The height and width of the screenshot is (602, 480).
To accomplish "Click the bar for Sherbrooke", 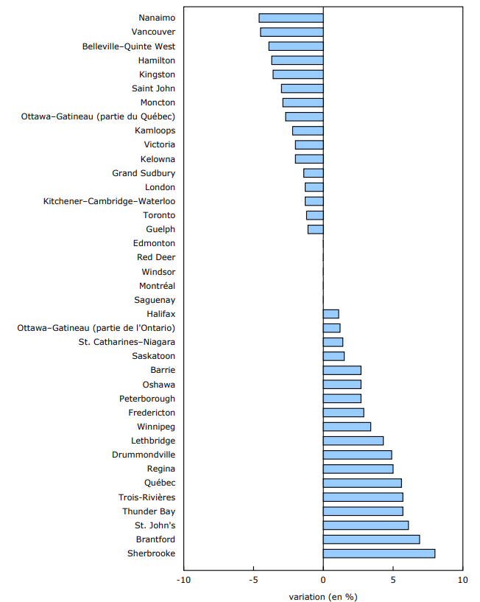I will point(378,553).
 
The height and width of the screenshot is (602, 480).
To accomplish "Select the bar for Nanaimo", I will point(291,18).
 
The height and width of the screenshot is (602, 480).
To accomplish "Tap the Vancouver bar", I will point(292,32).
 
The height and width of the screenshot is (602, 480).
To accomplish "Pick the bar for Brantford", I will point(371,539).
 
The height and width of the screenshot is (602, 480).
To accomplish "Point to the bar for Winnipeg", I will point(347,427).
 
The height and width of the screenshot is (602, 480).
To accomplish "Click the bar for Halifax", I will point(331,314).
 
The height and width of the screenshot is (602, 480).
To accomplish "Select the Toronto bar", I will point(314,215).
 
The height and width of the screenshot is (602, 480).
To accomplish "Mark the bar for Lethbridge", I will point(353,441).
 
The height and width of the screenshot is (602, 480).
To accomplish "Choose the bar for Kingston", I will point(297,74).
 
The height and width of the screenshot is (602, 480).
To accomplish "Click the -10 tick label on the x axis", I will point(183,580).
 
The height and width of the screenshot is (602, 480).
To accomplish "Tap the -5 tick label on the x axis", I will point(253,580).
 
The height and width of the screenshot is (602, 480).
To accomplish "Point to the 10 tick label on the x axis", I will point(462,580).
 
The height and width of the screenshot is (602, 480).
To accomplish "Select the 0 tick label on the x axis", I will point(323,580).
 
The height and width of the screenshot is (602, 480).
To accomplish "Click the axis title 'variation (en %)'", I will point(323,596).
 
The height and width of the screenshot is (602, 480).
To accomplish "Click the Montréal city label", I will point(157,286).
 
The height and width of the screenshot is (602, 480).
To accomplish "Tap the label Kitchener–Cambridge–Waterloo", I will point(109,201).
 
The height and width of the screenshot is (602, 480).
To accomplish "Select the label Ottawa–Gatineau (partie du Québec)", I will point(98,116).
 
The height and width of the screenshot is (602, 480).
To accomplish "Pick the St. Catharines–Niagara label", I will point(127,342).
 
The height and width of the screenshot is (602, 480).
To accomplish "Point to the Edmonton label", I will point(154,243).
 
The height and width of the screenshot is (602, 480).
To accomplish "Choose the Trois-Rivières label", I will point(147,497).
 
